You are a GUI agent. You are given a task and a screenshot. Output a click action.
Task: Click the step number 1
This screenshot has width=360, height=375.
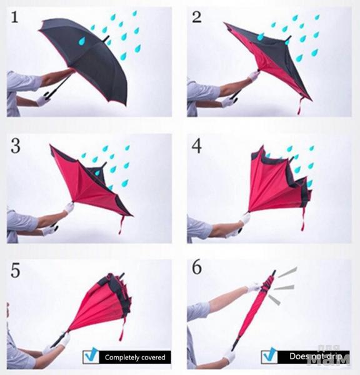click(x=15, y=17)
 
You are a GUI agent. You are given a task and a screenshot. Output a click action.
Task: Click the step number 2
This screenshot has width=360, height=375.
click(x=197, y=17)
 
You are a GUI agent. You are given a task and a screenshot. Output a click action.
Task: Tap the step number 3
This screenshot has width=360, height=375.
click(x=16, y=146)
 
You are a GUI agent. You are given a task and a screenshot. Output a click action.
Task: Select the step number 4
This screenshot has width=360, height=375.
click(x=197, y=146)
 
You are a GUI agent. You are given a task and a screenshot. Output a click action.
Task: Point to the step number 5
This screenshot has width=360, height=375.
click(x=15, y=271)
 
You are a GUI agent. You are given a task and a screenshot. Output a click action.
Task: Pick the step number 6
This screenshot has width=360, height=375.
click(x=197, y=267)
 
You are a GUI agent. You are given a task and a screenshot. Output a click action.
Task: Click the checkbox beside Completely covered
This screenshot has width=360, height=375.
click(x=91, y=356)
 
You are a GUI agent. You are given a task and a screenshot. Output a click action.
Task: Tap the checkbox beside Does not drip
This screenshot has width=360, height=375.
click(x=269, y=356)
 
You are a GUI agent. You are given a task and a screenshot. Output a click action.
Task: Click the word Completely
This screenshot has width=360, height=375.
click(x=119, y=357)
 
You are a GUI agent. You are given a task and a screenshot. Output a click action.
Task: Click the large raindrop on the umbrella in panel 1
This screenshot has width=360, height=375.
click(x=82, y=41)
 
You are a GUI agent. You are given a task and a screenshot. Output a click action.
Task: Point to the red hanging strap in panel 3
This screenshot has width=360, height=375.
click(x=121, y=225)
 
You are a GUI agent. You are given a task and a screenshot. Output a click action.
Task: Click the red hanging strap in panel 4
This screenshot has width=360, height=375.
click(x=303, y=219)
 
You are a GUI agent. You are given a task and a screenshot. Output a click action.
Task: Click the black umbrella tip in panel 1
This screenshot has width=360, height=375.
click(x=106, y=39)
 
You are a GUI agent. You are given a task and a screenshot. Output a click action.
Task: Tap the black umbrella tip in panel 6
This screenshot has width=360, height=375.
click(x=273, y=273)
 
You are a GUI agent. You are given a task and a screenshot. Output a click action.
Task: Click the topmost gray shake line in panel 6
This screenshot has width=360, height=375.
click(x=287, y=272)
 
